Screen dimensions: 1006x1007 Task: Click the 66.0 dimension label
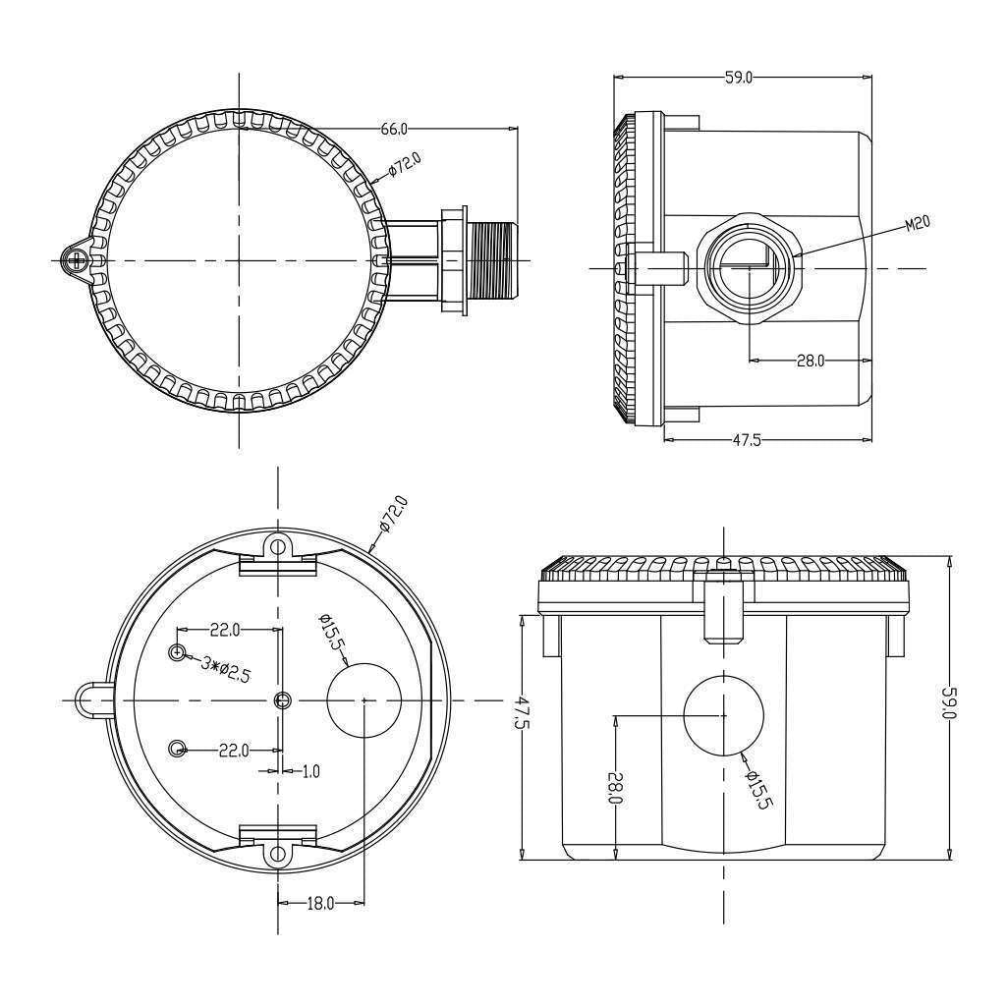point(394,129)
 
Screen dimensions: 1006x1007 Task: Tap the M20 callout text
point(917,224)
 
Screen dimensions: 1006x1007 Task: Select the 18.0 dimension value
point(321,902)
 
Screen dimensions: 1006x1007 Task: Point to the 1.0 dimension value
point(309,772)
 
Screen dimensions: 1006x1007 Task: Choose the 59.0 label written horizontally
point(739,78)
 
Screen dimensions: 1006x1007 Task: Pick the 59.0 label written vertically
point(948,703)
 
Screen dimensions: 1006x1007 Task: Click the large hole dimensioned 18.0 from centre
point(364,699)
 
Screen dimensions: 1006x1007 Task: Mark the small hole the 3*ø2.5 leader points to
point(178,652)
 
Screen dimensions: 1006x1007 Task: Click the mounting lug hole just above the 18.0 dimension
point(279,854)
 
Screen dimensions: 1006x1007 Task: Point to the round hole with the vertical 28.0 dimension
point(724,715)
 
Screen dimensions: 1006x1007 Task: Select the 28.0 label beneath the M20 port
point(810,361)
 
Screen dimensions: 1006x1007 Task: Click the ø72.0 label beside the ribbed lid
point(405,163)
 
